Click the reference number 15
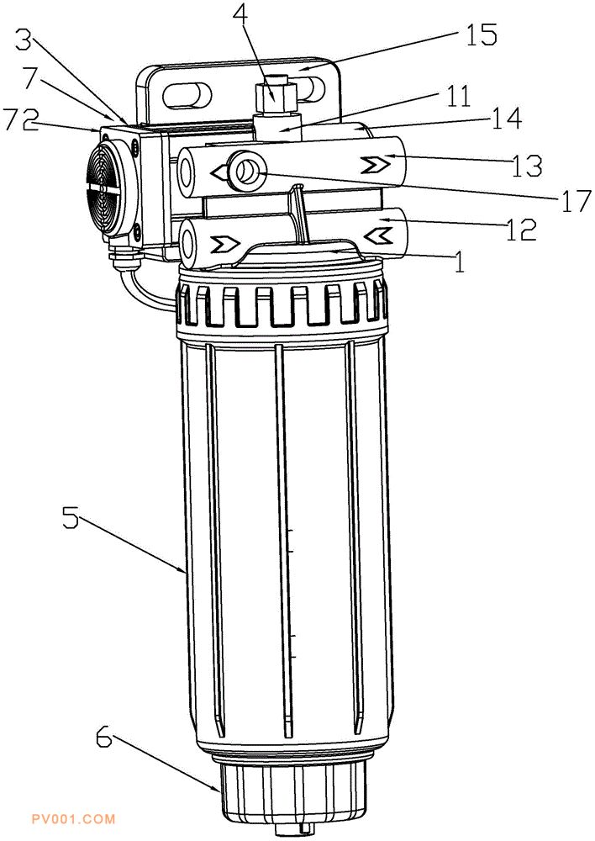tap(482, 34)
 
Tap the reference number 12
tap(520, 229)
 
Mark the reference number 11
tap(455, 97)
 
